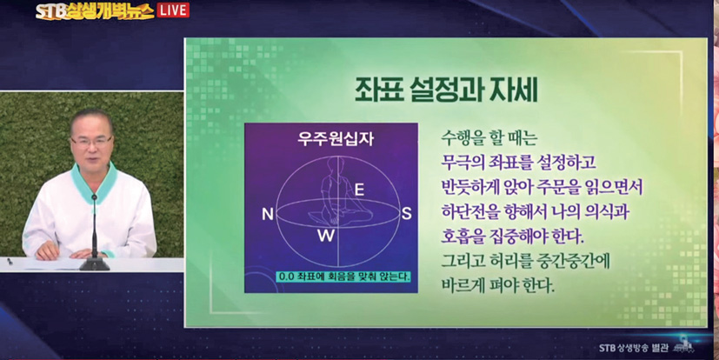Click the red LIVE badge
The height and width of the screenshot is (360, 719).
point(173,10)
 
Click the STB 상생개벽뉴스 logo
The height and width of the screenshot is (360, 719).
point(95,11)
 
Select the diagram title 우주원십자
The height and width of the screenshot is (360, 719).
point(336,138)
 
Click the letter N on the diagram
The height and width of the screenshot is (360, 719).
point(267,214)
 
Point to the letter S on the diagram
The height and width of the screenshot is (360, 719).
point(406,214)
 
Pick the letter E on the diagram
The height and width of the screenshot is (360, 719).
point(360,190)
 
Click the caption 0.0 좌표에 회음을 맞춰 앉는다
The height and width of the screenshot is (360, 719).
point(343,277)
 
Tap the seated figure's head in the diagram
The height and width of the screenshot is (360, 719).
point(332,164)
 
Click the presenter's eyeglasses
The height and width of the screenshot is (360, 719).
point(91,141)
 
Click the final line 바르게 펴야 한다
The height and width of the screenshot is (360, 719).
point(497,288)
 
